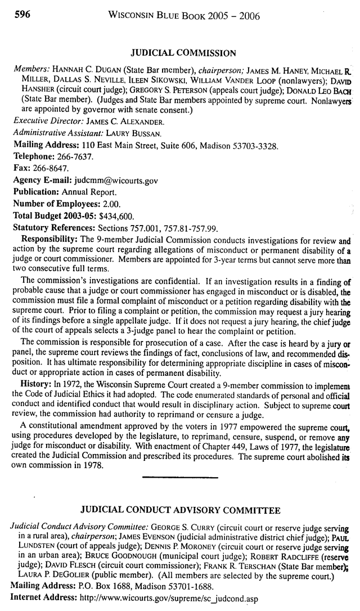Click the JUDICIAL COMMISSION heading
pos(183,53)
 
